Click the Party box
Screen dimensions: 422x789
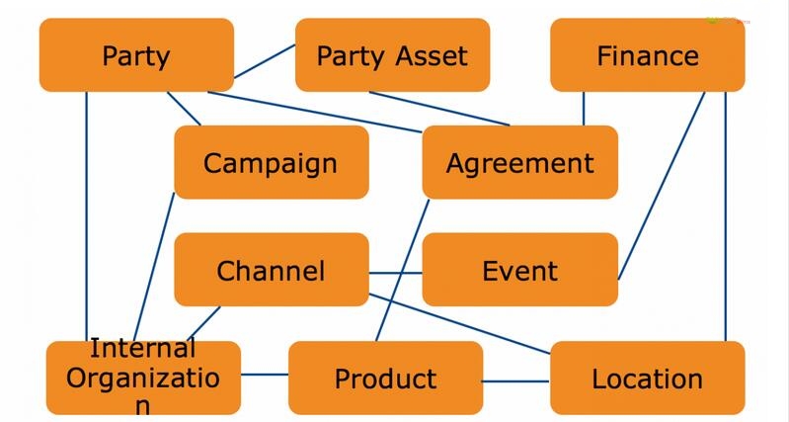pyautogui.click(x=136, y=55)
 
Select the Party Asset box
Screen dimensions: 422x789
pyautogui.click(x=392, y=55)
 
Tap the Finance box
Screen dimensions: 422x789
pyautogui.click(x=647, y=55)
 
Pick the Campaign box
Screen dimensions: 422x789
pyautogui.click(x=271, y=162)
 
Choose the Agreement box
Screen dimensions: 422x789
pyautogui.click(x=519, y=162)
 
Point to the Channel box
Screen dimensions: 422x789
pyautogui.click(x=271, y=270)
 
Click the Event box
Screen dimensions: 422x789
pyautogui.click(x=519, y=270)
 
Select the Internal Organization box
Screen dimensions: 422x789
pyautogui.click(x=143, y=378)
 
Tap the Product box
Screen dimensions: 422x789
pyautogui.click(x=385, y=378)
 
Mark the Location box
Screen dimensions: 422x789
pyautogui.click(x=647, y=378)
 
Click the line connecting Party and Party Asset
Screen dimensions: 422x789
pyautogui.click(x=264, y=61)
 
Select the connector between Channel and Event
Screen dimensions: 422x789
pyautogui.click(x=395, y=272)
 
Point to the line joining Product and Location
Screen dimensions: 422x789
pyautogui.click(x=515, y=380)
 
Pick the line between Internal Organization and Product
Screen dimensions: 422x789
pyautogui.click(x=264, y=375)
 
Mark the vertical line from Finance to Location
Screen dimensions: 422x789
pyautogui.click(x=726, y=217)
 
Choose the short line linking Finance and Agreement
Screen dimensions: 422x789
pyautogui.click(x=584, y=109)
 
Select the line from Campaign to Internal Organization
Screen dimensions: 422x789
pyautogui.click(x=155, y=267)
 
